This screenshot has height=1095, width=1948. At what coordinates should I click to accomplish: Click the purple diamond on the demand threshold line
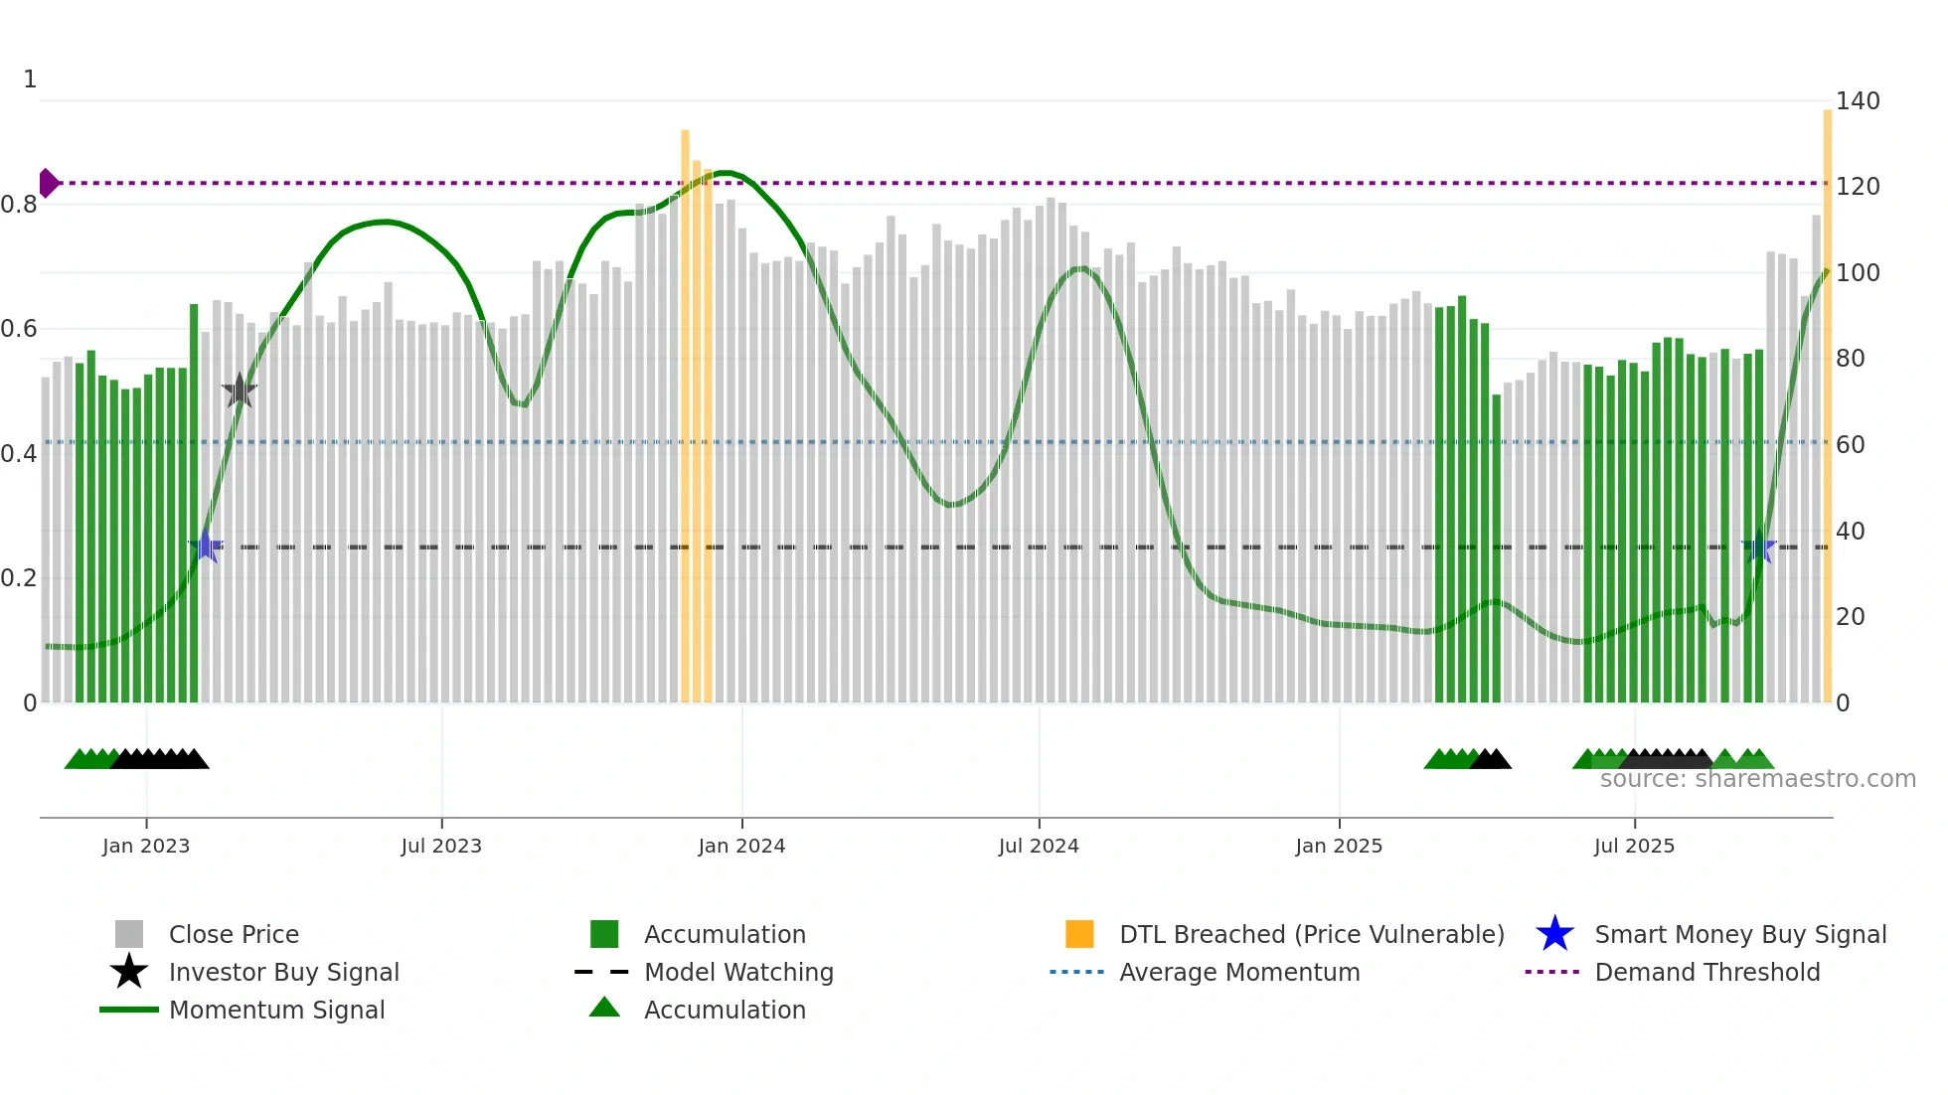point(48,183)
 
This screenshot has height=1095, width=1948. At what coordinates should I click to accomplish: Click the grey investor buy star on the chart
point(240,391)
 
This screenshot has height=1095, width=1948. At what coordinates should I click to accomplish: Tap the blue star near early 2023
point(206,547)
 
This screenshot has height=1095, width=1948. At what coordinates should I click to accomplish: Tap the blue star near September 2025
point(1759,547)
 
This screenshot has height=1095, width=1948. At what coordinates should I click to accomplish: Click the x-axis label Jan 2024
point(741,846)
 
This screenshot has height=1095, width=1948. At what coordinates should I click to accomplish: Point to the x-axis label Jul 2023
point(441,846)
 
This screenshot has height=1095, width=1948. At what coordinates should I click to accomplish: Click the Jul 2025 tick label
point(1634,846)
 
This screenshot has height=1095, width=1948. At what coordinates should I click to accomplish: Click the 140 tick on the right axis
point(1857,101)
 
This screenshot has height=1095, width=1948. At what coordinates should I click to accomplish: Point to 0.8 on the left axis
point(19,205)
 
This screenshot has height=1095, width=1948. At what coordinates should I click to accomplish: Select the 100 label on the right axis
point(1857,273)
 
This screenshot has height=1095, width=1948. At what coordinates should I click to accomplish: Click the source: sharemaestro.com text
point(1757,779)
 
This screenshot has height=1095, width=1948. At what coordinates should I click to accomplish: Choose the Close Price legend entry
point(234,934)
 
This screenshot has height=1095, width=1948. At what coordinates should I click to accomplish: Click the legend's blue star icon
point(1554,934)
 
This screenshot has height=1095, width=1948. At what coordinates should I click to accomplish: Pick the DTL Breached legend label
point(1311,934)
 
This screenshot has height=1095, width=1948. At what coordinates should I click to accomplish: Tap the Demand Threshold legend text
point(1706,972)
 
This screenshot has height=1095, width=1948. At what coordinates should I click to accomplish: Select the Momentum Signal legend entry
point(276,1010)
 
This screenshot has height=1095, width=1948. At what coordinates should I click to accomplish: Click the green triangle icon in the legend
point(604,1008)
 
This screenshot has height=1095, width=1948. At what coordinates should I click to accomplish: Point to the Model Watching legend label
point(738,972)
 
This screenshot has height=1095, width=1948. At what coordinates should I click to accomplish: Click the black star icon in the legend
point(129,972)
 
